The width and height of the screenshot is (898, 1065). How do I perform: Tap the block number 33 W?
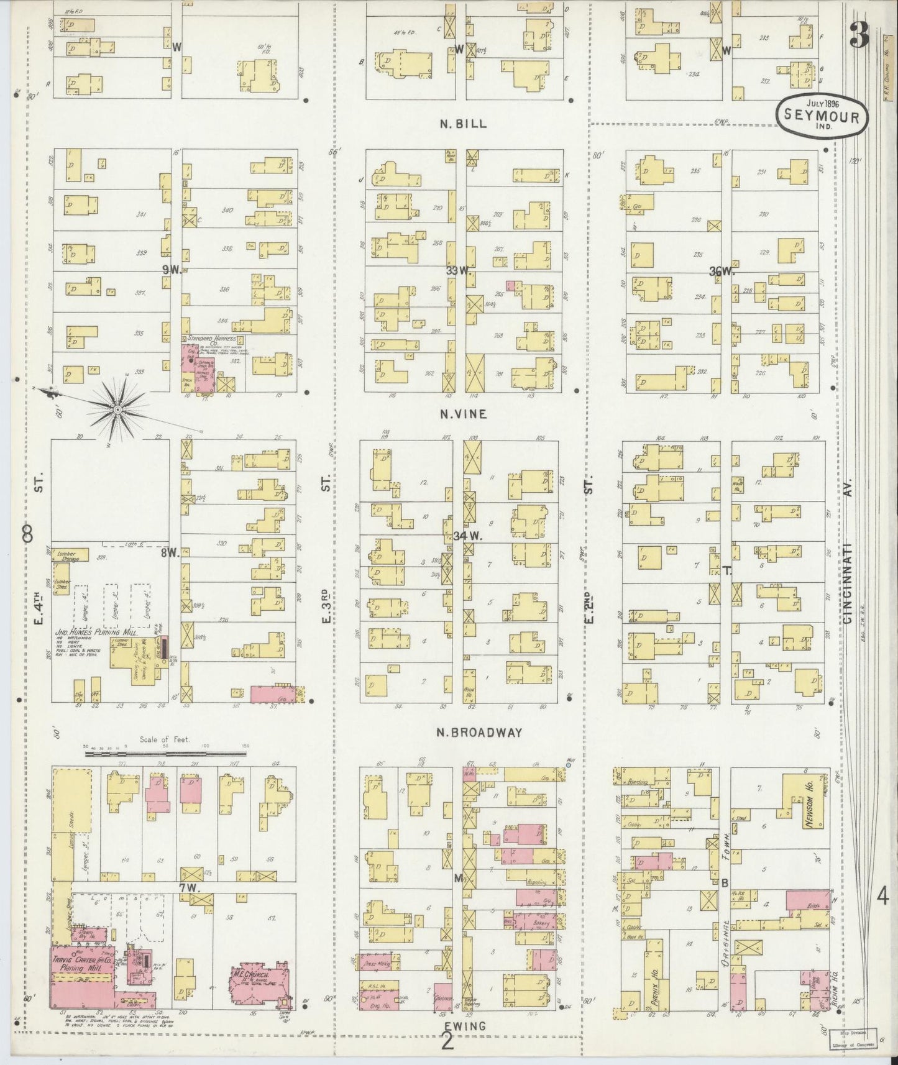pyautogui.click(x=460, y=271)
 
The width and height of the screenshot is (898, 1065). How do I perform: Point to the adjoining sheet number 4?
pyautogui.click(x=882, y=898)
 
